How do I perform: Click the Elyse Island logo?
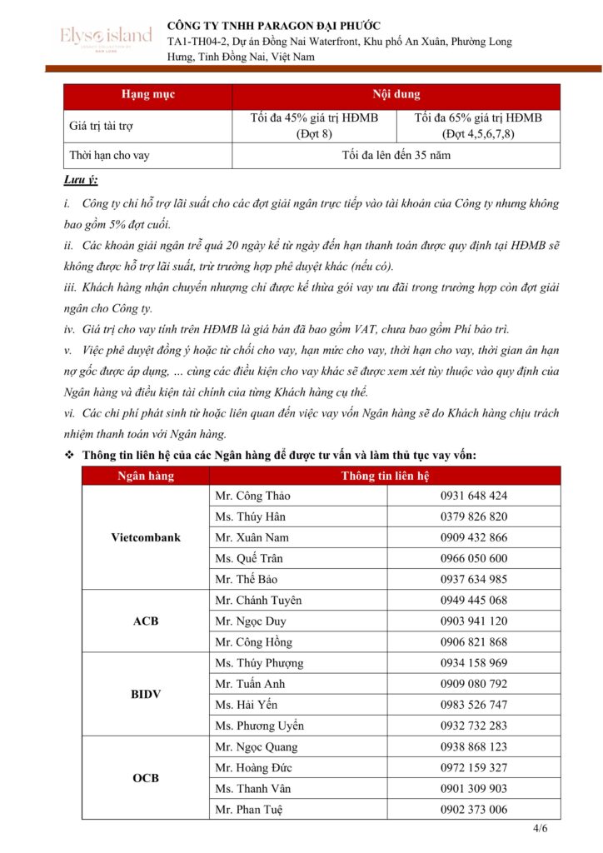point(106,37)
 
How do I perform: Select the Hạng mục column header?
point(147,95)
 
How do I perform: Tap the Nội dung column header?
point(396,95)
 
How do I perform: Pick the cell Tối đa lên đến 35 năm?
point(396,156)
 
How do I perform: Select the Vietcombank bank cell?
point(146,537)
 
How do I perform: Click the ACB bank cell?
point(146,621)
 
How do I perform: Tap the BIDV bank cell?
point(146,694)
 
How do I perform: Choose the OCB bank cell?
point(146,778)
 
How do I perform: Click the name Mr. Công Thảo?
point(252,496)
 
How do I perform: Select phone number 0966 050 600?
point(473,558)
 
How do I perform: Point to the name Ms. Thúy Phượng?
point(259,663)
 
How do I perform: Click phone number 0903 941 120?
point(473,621)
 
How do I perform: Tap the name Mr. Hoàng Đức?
point(252,767)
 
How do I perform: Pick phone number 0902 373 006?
point(473,810)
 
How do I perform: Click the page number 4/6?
point(540,829)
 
